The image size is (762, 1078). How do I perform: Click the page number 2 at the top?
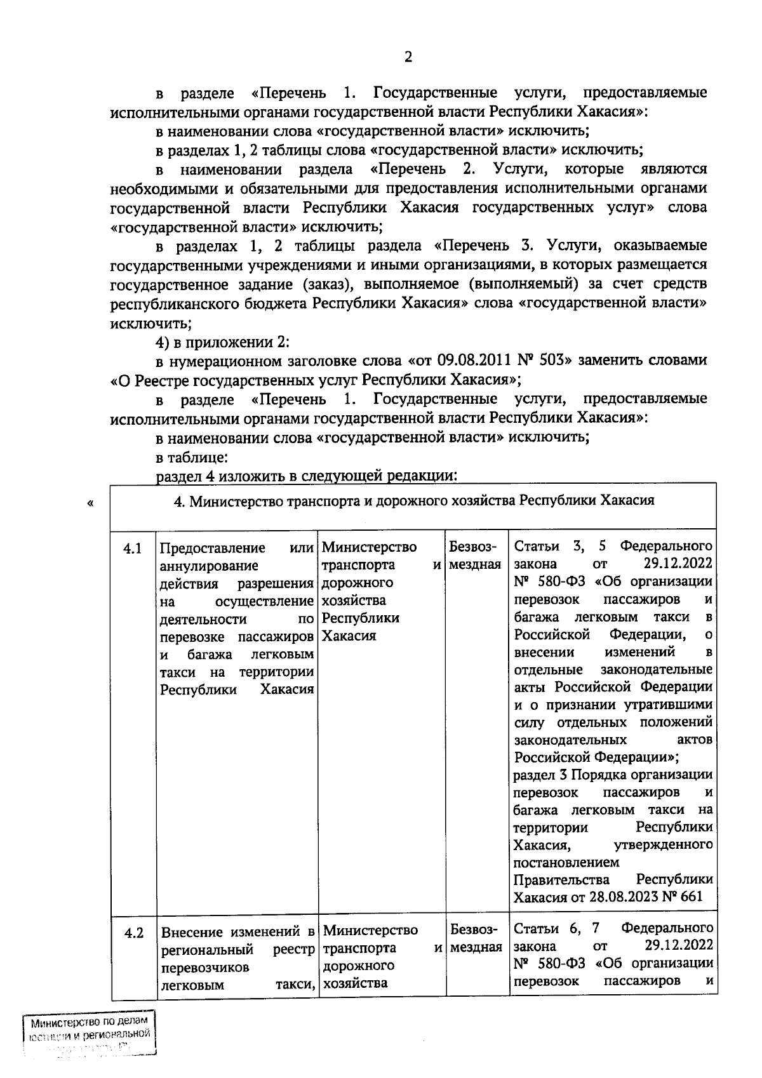[x=408, y=57]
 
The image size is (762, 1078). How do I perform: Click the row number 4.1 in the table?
[x=133, y=549]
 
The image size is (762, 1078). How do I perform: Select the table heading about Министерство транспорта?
[x=414, y=500]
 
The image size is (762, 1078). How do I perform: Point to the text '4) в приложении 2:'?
[x=222, y=342]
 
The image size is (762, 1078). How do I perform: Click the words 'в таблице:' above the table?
[x=188, y=456]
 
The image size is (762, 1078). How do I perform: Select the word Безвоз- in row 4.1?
[x=474, y=547]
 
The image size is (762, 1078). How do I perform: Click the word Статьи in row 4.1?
[x=537, y=547]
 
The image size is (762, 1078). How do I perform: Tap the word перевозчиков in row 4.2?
[x=205, y=968]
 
